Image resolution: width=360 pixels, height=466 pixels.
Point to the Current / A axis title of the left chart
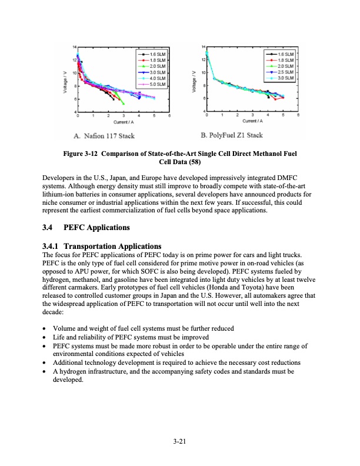tap(124, 122)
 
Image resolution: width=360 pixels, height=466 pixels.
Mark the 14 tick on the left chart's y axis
tap(74, 46)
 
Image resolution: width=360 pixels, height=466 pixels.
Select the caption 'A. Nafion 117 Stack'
tap(104, 136)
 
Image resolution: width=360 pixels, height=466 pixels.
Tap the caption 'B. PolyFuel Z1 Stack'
tap(231, 136)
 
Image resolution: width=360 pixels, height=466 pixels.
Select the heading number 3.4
tap(51, 227)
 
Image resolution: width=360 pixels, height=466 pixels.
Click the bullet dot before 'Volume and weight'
tap(46, 328)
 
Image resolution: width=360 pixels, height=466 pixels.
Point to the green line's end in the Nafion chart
tap(124, 104)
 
